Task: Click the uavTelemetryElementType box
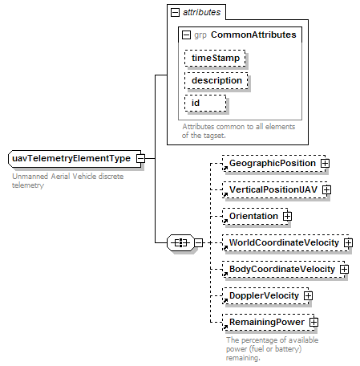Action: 75,159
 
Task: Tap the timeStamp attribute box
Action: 215,58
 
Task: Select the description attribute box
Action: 216,80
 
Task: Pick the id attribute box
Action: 205,103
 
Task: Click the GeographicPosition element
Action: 274,163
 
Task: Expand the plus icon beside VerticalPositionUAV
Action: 326,189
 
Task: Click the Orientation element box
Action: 255,216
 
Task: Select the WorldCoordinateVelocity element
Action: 285,242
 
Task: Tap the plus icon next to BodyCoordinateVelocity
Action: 344,269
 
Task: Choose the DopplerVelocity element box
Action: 265,295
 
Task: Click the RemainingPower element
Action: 269,322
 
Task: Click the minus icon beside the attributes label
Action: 175,12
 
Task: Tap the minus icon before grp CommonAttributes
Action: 186,35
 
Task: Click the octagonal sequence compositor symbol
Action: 181,243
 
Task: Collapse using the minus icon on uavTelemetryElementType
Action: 140,158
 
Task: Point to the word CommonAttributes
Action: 253,35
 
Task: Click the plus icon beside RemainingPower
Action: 313,322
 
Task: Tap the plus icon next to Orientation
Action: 287,216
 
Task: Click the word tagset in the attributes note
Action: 214,136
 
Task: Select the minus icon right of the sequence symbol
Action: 199,243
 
